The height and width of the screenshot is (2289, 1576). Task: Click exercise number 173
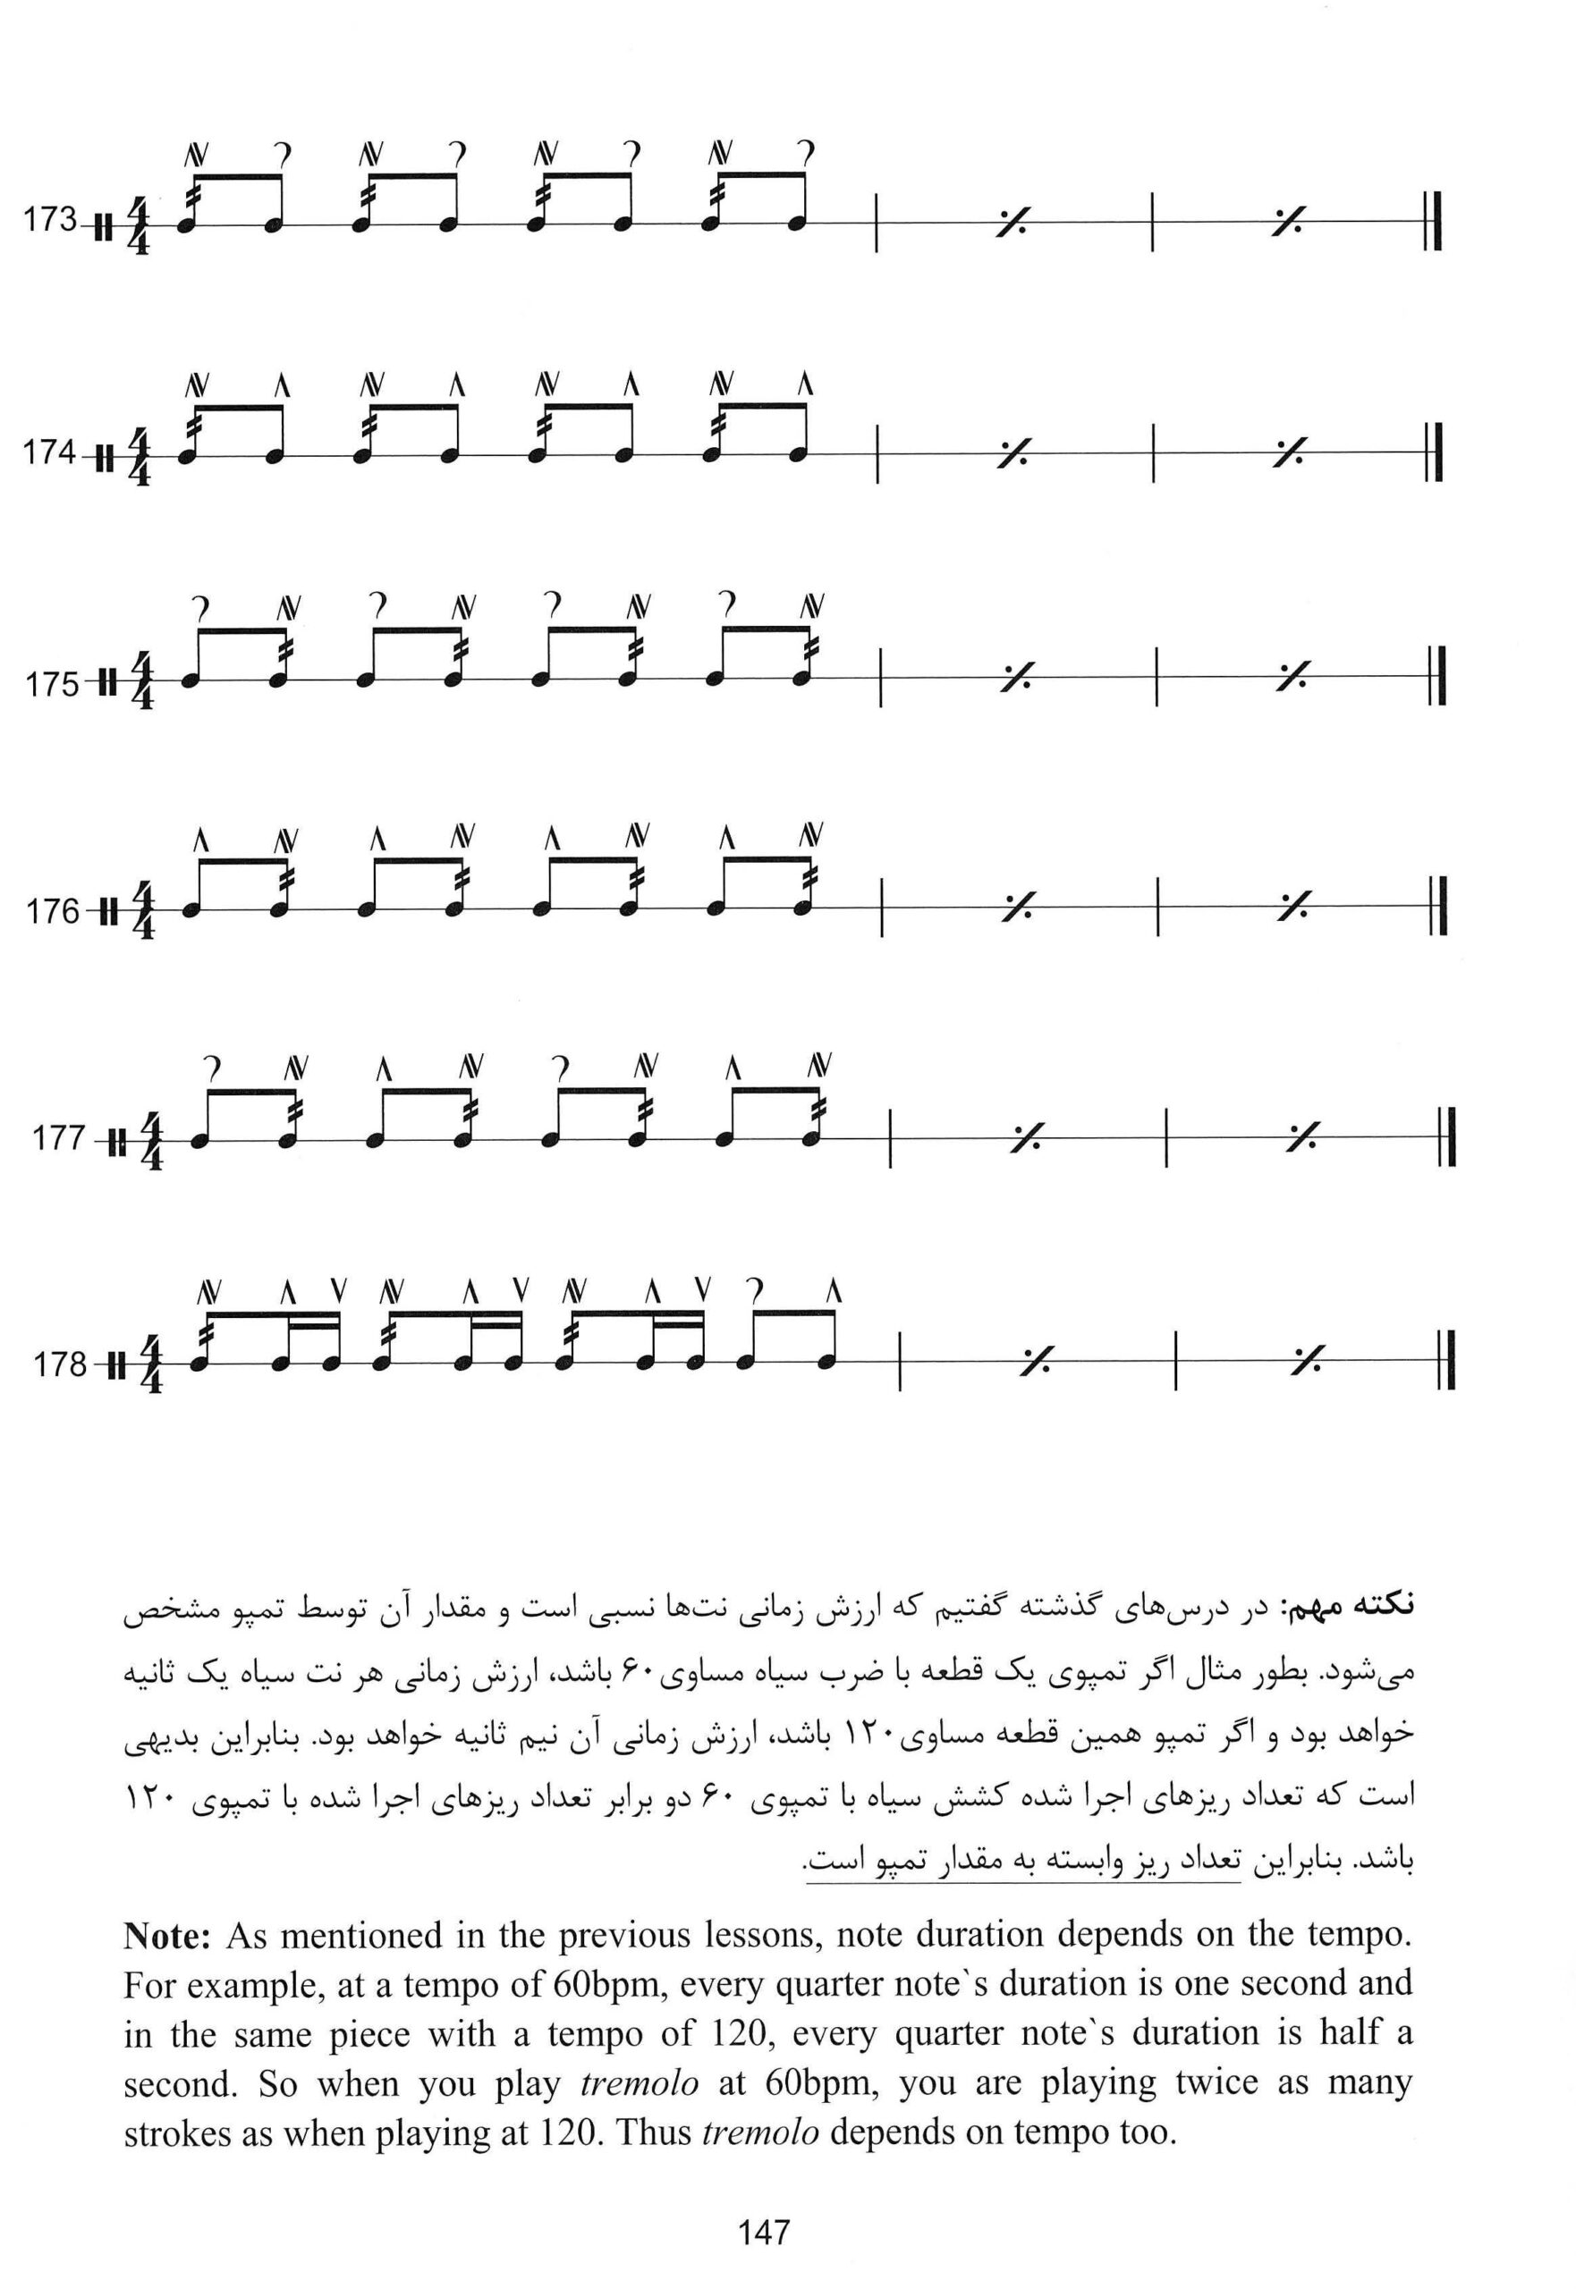(49, 220)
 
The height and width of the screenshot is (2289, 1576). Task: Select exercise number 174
(49, 452)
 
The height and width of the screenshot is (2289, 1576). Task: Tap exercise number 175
(51, 683)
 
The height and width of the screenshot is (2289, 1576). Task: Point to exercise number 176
(51, 911)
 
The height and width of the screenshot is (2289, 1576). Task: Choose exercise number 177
(58, 1139)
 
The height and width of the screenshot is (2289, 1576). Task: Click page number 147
(763, 2232)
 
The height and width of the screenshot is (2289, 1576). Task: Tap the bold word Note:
(167, 1937)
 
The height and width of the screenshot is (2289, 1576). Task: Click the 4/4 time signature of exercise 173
(139, 227)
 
